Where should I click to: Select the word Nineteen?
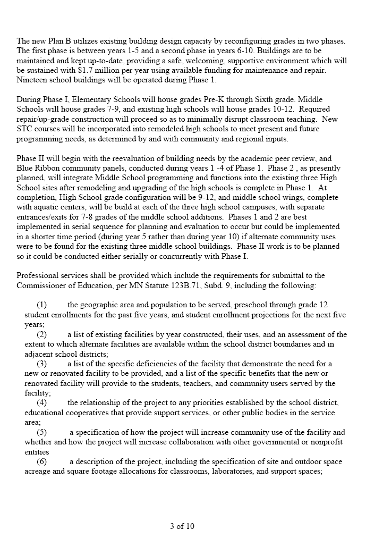[33, 79]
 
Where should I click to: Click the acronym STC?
[25, 129]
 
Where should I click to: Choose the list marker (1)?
[42, 305]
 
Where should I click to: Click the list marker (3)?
[42, 364]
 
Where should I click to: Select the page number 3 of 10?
[182, 526]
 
